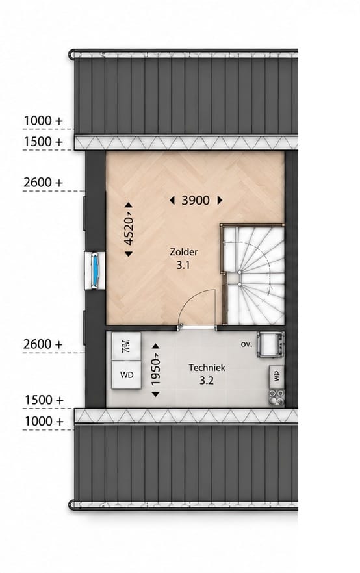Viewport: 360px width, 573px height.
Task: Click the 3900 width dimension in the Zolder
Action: coord(196,200)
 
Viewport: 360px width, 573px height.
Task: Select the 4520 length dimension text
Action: coord(128,230)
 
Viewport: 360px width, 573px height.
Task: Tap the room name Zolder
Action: coord(183,252)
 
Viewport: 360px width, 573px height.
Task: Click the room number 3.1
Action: coord(183,265)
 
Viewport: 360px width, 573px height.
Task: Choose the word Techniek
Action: coord(207,368)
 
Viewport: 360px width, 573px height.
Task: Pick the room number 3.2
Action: coord(207,381)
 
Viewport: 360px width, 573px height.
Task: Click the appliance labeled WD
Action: coord(127,375)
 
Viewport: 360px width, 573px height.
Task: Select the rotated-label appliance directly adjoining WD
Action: coord(127,346)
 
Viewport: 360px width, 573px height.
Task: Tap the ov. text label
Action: coord(247,344)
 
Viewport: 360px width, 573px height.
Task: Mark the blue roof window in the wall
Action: coord(95,271)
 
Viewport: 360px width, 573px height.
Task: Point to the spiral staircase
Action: coord(255,275)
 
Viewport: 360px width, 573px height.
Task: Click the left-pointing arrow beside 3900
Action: coord(172,200)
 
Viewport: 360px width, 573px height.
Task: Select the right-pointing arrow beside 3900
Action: coord(220,200)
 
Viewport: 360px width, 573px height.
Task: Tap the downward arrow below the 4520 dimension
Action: coord(128,254)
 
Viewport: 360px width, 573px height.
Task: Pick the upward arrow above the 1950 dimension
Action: coord(156,346)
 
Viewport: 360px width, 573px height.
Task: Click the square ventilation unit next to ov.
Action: coord(270,344)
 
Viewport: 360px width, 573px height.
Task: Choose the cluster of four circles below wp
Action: coord(277,397)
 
